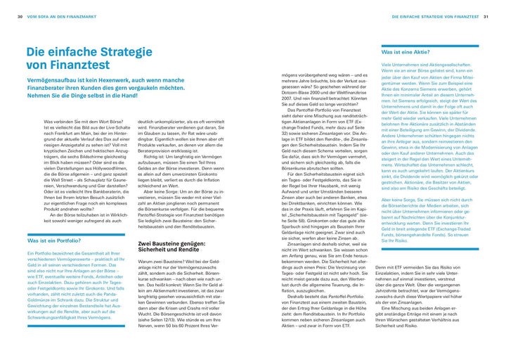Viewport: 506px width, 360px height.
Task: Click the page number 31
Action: [486, 15]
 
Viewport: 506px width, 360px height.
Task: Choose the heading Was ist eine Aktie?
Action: [405, 52]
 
